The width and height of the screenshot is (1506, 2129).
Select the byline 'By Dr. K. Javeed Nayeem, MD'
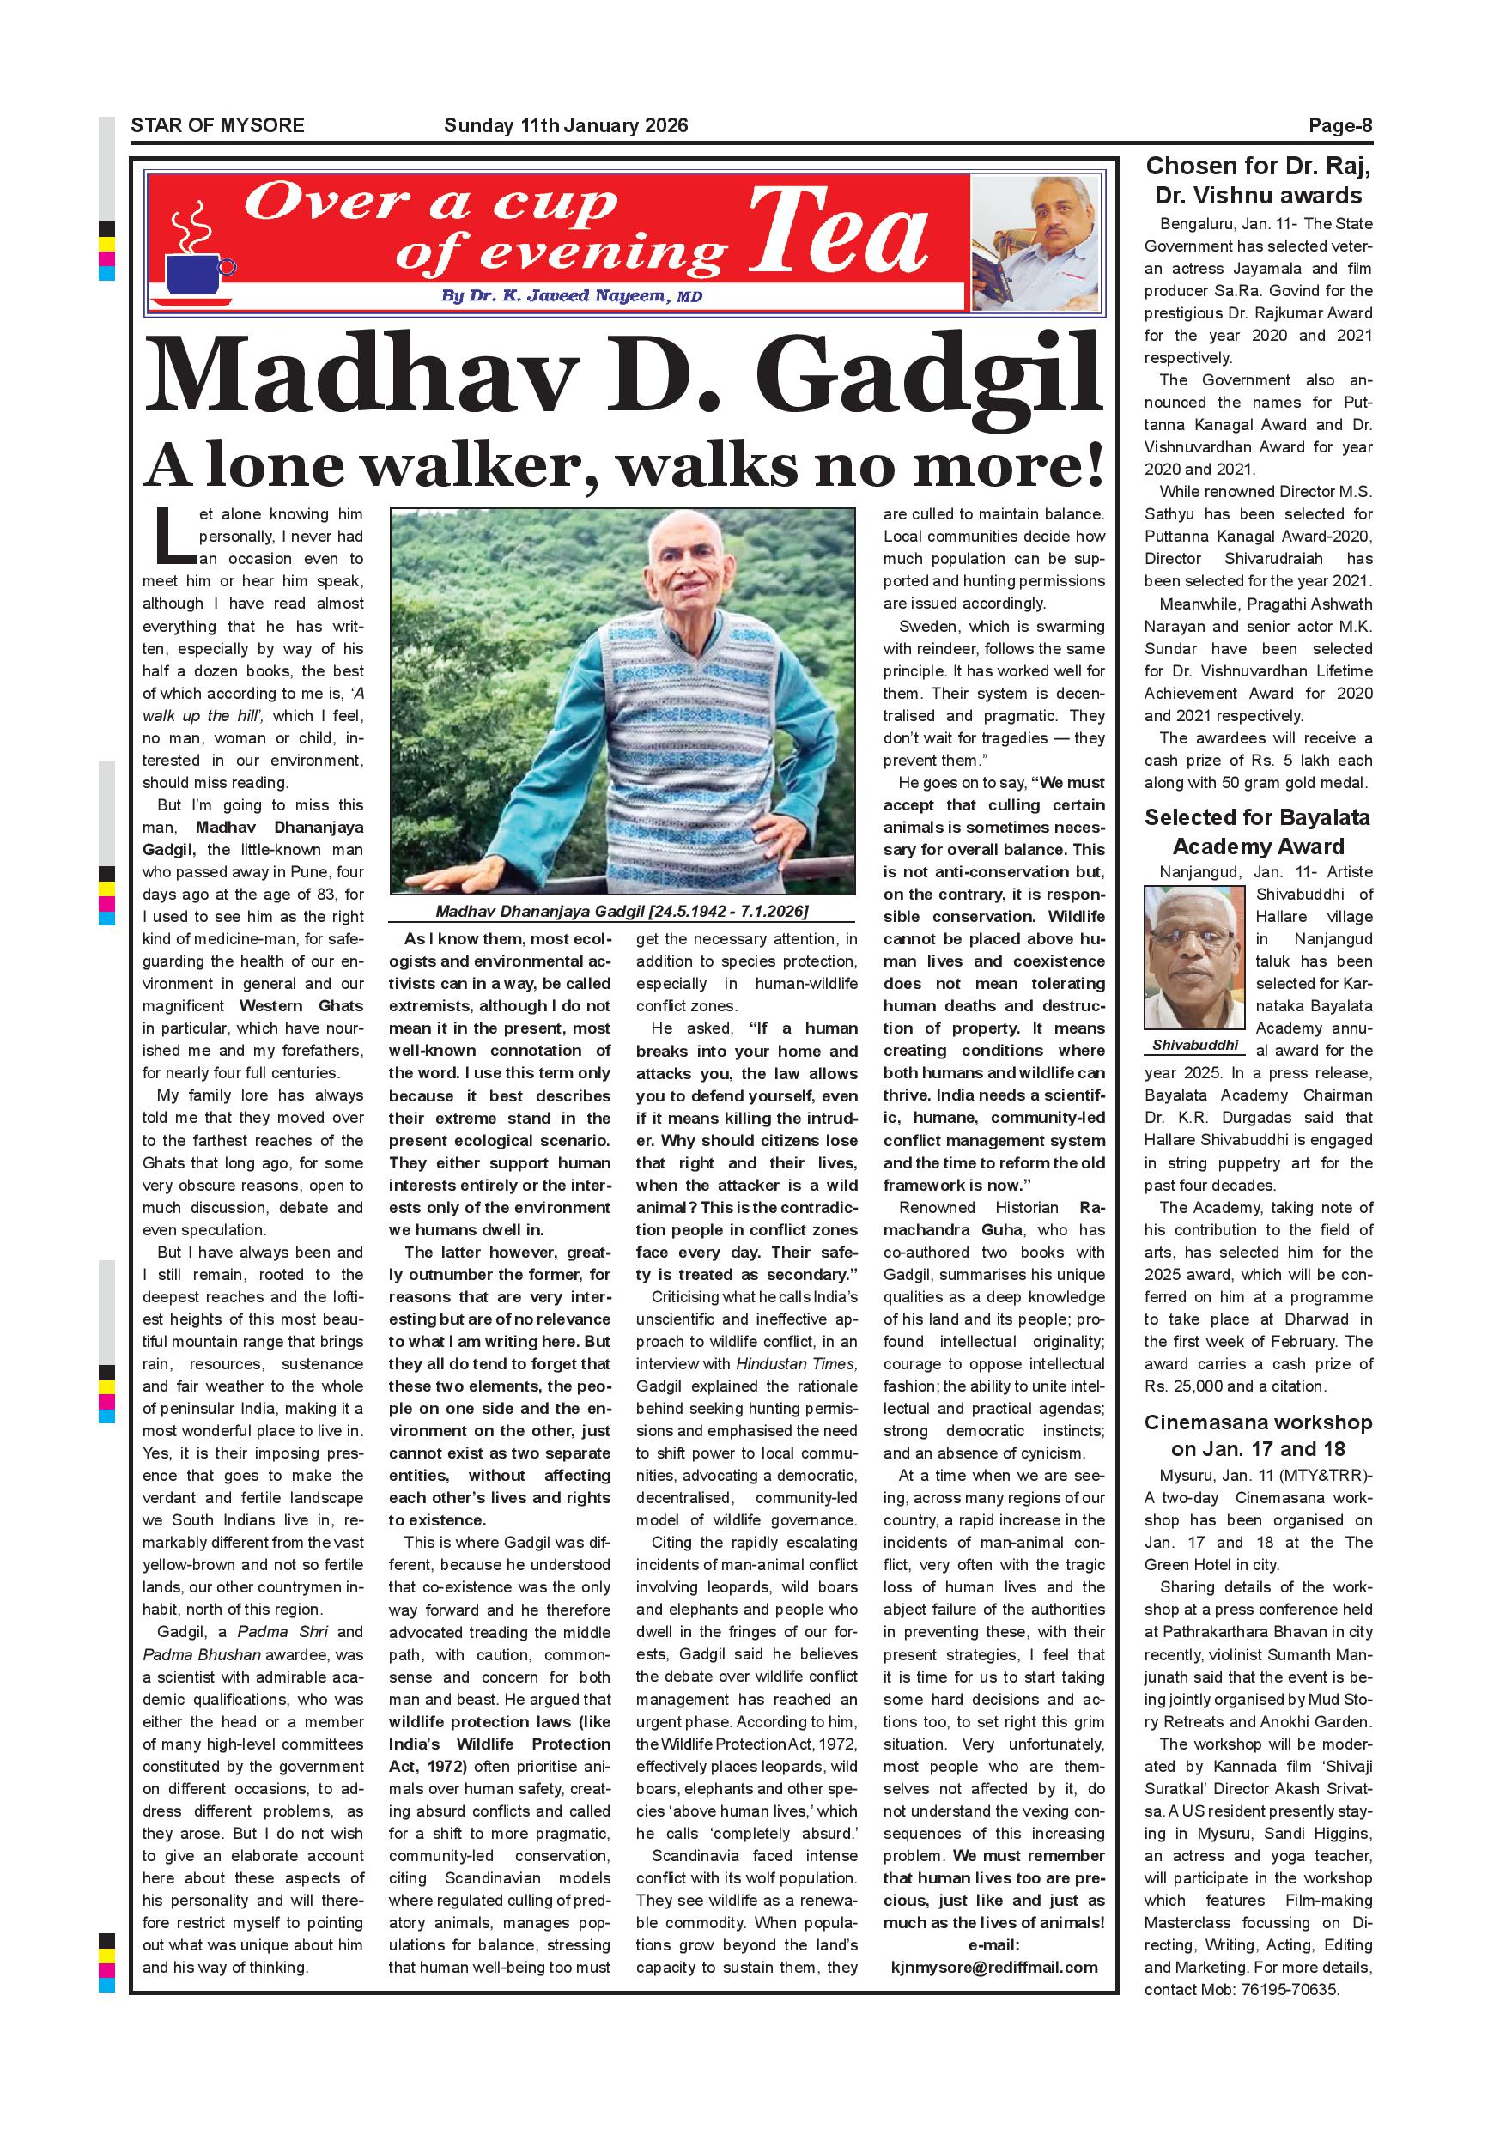tap(571, 297)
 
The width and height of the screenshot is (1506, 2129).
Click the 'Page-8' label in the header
tap(1340, 126)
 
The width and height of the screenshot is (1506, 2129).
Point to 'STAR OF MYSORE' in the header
tap(217, 126)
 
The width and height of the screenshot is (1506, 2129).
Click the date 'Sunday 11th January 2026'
tap(566, 126)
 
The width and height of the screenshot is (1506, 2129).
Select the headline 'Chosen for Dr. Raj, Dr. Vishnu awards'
tap(1258, 181)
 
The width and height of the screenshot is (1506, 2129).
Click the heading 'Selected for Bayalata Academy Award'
tap(1258, 832)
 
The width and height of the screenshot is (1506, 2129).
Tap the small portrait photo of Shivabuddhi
tap(1195, 958)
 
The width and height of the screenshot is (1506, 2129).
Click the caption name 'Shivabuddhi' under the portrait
tap(1195, 1045)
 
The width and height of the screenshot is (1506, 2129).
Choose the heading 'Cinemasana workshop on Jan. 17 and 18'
tap(1258, 1435)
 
